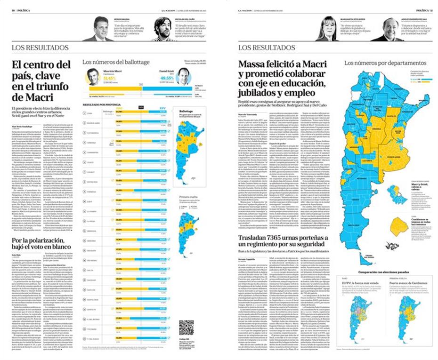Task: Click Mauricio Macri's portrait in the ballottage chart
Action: coord(93,76)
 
